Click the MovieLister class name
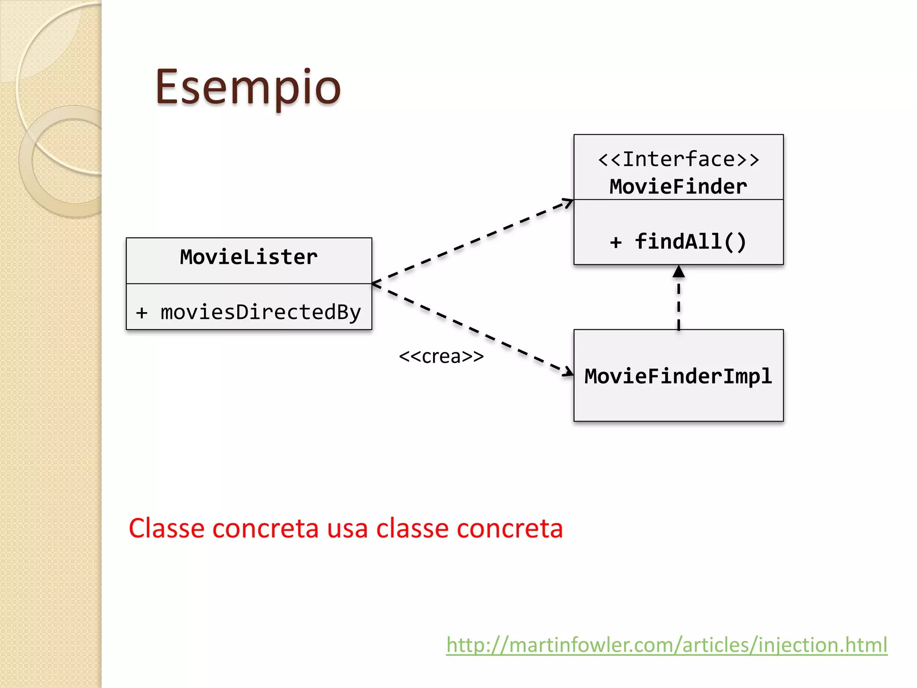[x=249, y=257]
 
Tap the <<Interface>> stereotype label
[x=678, y=159]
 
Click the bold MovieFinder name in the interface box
[x=678, y=187]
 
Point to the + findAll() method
[x=678, y=242]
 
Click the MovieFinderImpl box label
[x=678, y=376]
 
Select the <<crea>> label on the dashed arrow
[x=441, y=357]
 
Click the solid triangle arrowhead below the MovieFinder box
[x=679, y=271]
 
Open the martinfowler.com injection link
[x=666, y=645]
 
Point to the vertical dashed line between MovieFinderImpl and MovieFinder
[x=679, y=305]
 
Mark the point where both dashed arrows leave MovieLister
[x=373, y=284]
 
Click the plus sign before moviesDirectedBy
[x=141, y=313]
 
